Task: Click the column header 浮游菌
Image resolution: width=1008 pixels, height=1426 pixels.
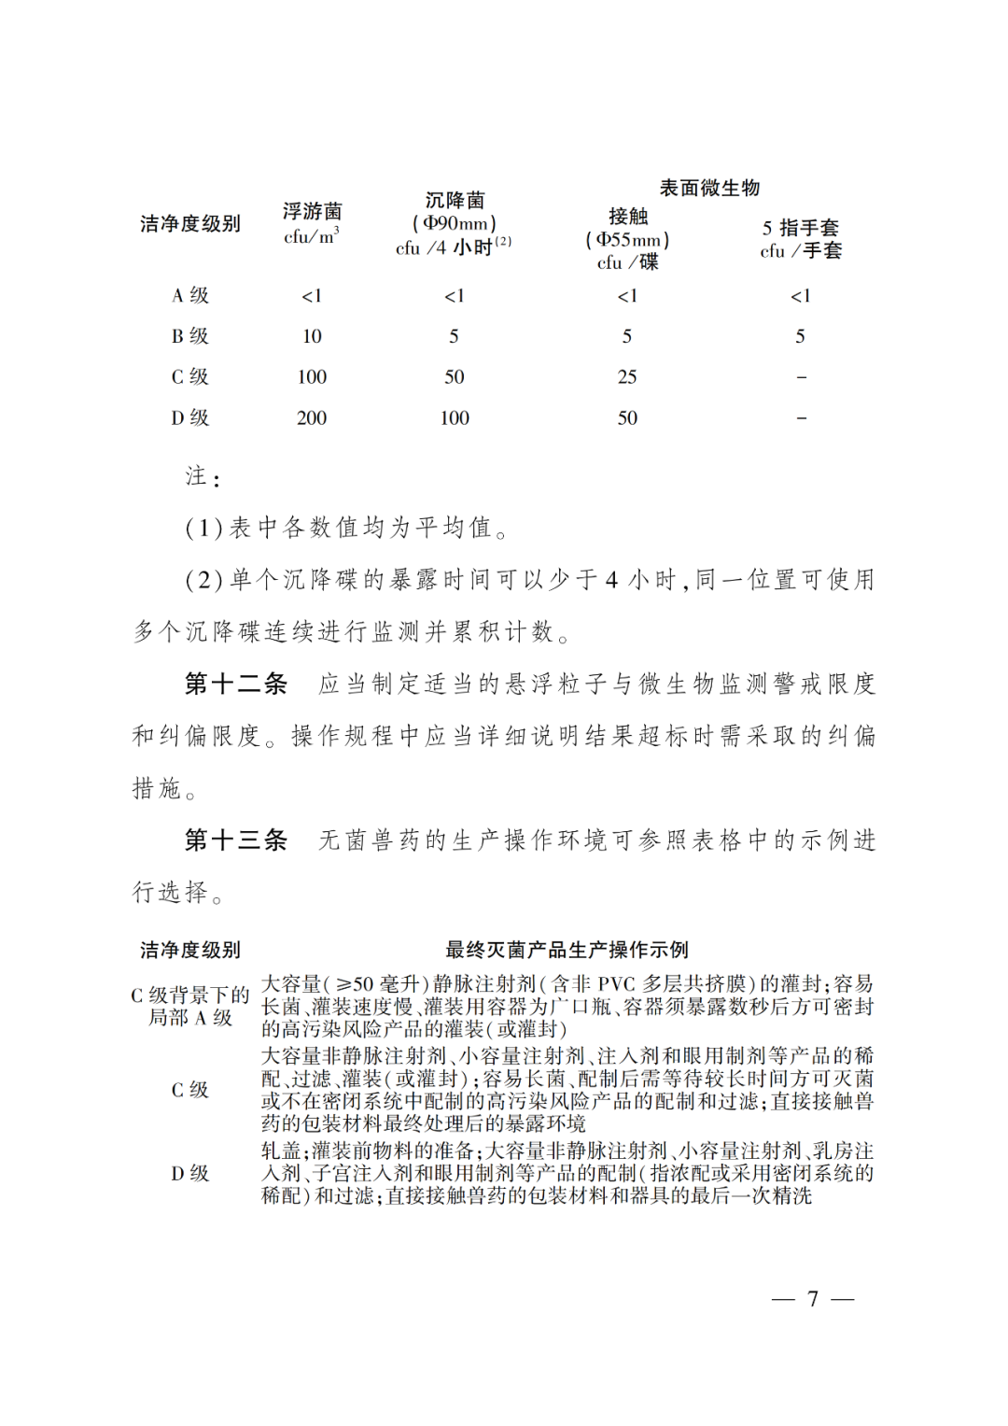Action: (312, 212)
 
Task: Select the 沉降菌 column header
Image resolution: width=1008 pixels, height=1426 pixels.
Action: (455, 201)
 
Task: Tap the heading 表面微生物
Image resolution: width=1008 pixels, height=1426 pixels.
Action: (709, 188)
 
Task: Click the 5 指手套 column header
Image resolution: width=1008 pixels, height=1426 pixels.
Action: (800, 228)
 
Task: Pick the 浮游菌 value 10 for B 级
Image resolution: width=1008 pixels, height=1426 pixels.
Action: (312, 336)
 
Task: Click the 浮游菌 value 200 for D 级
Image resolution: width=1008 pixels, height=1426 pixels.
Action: (312, 418)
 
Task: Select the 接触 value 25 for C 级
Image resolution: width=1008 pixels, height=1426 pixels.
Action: (627, 377)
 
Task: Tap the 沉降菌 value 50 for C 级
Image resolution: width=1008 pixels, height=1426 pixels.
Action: (455, 377)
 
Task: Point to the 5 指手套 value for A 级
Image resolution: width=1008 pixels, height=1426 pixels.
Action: (800, 296)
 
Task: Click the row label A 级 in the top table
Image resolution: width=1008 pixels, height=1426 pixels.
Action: (190, 296)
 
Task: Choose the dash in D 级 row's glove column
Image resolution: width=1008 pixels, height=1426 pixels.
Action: (801, 418)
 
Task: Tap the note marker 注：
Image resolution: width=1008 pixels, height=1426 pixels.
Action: (203, 477)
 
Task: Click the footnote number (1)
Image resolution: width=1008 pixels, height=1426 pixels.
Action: (203, 529)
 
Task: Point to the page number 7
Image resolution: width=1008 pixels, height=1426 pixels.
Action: (813, 1299)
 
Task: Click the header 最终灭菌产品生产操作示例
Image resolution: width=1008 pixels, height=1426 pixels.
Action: (567, 950)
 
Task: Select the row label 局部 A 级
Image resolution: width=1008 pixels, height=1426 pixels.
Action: (190, 1018)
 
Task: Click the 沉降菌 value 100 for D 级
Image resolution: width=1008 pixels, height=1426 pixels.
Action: (455, 418)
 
